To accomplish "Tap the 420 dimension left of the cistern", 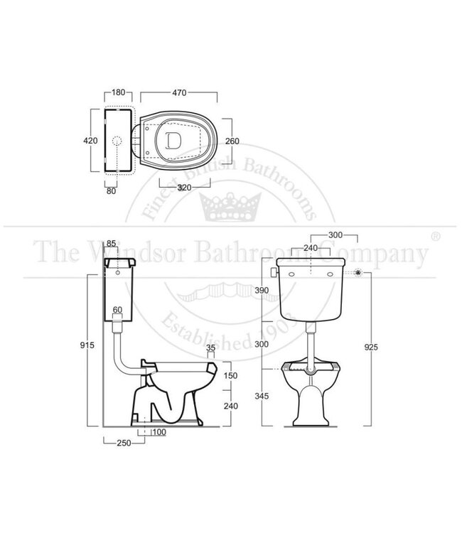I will (x=90, y=141).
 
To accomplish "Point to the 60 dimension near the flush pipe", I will (x=118, y=309).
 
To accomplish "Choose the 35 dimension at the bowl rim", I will (x=210, y=348).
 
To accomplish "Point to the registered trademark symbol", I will (x=435, y=234).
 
